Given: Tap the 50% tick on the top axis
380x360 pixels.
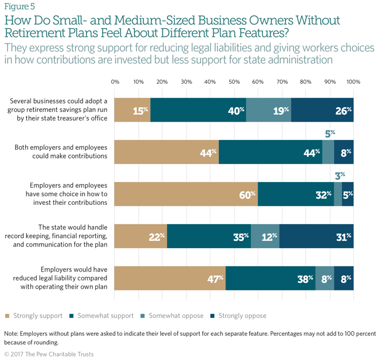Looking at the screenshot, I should [x=234, y=82].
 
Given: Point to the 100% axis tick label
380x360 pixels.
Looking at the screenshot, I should [x=353, y=82].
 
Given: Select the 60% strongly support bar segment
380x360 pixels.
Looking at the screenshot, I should [x=186, y=194].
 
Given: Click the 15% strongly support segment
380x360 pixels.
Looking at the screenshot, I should [x=132, y=109].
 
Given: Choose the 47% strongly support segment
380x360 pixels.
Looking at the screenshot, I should [x=170, y=278].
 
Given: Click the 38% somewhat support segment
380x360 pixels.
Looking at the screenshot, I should [x=271, y=278].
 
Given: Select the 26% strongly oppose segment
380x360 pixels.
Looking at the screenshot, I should [x=322, y=109].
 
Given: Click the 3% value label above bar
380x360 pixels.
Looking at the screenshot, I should [x=338, y=174].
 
